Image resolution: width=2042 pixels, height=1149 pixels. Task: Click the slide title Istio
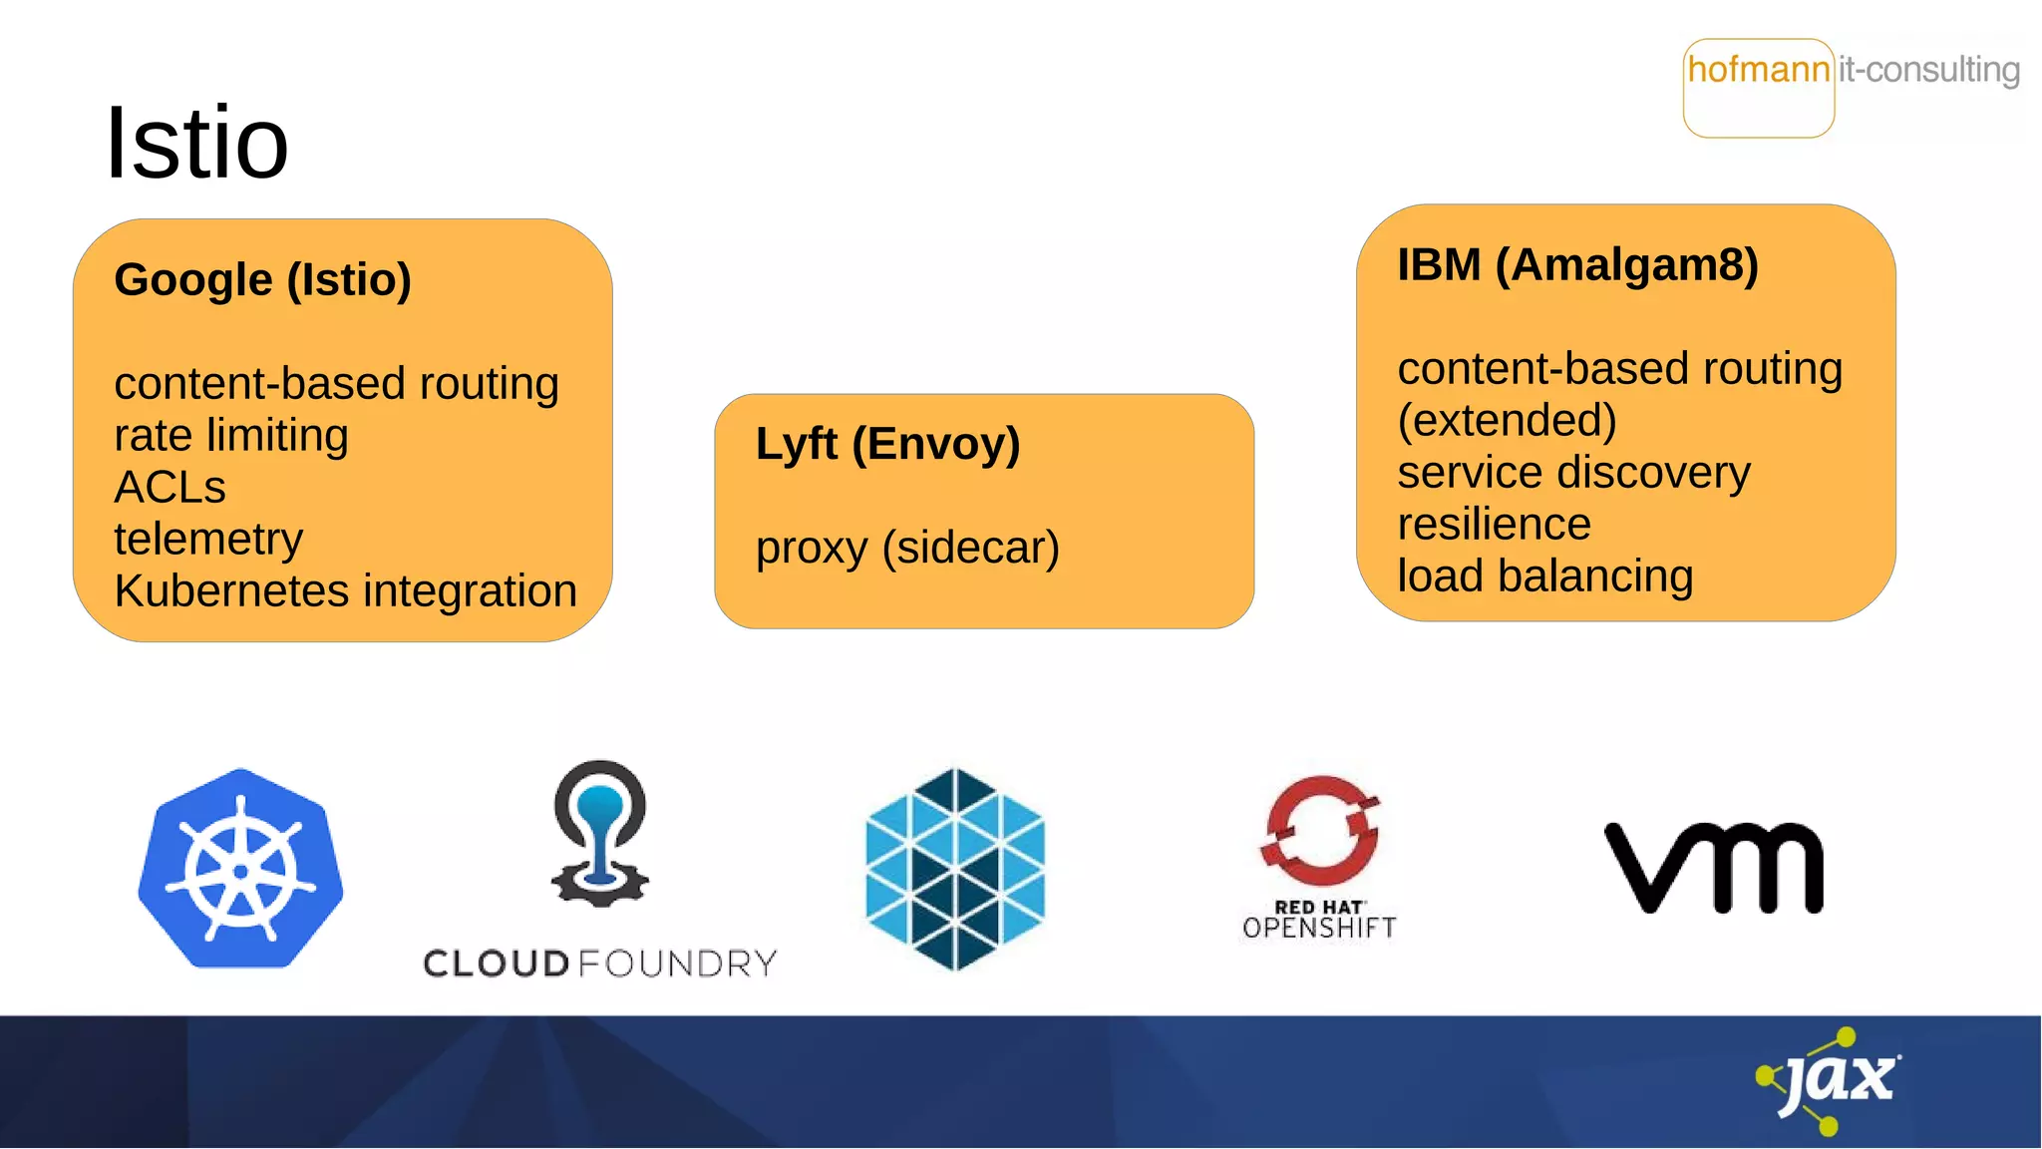tap(196, 144)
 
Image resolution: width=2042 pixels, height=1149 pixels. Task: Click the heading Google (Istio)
tap(262, 279)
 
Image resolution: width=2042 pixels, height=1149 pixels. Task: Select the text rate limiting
tap(230, 436)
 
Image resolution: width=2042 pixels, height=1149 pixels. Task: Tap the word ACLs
tap(170, 488)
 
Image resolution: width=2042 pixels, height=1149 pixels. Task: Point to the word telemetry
tap(207, 540)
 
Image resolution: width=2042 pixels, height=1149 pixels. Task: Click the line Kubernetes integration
tap(345, 591)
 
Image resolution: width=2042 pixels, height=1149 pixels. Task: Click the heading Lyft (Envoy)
tap(887, 444)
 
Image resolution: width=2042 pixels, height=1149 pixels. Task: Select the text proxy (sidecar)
tap(907, 548)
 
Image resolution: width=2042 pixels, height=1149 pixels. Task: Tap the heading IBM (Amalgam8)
tap(1577, 265)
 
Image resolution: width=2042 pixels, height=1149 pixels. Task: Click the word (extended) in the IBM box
tap(1507, 421)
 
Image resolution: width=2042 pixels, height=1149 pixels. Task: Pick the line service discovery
tap(1573, 473)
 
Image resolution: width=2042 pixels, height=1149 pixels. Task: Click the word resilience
tap(1494, 525)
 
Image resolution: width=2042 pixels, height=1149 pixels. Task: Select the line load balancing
tap(1544, 576)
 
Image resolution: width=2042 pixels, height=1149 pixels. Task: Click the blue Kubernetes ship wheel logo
tap(240, 869)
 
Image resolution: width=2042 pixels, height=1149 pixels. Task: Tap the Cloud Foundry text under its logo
tap(599, 963)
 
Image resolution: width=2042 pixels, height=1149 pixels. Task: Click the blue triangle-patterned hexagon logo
tap(955, 869)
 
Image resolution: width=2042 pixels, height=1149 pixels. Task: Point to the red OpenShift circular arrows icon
tap(1320, 825)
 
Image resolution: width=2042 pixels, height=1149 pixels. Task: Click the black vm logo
tap(1714, 867)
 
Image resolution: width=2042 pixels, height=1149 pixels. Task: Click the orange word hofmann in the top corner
tap(1758, 70)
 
